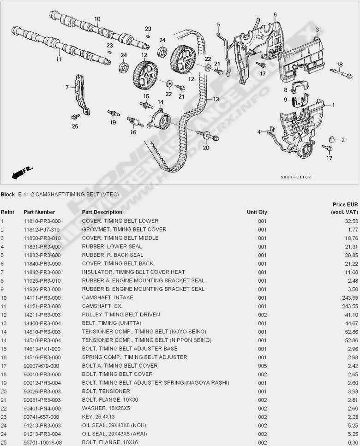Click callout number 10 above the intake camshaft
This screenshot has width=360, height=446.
[x=97, y=19]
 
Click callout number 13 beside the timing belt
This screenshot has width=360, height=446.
[x=216, y=99]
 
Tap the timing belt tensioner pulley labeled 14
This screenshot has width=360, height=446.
[x=158, y=120]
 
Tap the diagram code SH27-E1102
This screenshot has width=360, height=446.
[x=295, y=177]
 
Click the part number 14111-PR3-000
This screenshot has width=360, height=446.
[x=42, y=298]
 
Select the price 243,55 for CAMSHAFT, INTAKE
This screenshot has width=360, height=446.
[x=350, y=298]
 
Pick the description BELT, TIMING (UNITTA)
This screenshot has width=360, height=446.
[x=112, y=323]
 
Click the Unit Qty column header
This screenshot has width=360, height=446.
[x=257, y=212]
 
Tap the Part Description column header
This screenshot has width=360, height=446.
[x=102, y=212]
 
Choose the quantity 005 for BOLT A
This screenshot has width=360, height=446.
[x=263, y=366]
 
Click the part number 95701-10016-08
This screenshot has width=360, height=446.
[x=42, y=443]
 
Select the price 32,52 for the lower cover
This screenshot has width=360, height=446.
[x=352, y=221]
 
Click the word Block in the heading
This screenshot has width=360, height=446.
[x=8, y=194]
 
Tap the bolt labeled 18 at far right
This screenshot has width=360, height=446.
[x=342, y=73]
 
